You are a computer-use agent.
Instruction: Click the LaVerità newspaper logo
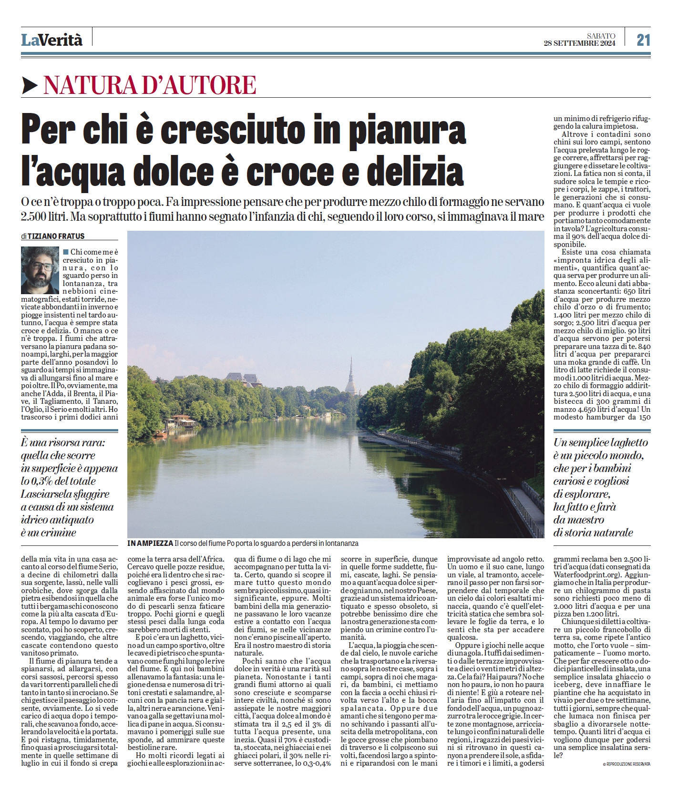51,40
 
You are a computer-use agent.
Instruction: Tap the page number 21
643,40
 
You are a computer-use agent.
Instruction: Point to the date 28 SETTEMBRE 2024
579,43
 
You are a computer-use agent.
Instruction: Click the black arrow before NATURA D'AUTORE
30,85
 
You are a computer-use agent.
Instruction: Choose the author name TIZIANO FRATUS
56,236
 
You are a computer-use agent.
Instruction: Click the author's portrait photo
40,270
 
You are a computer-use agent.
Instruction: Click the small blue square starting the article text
65,251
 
